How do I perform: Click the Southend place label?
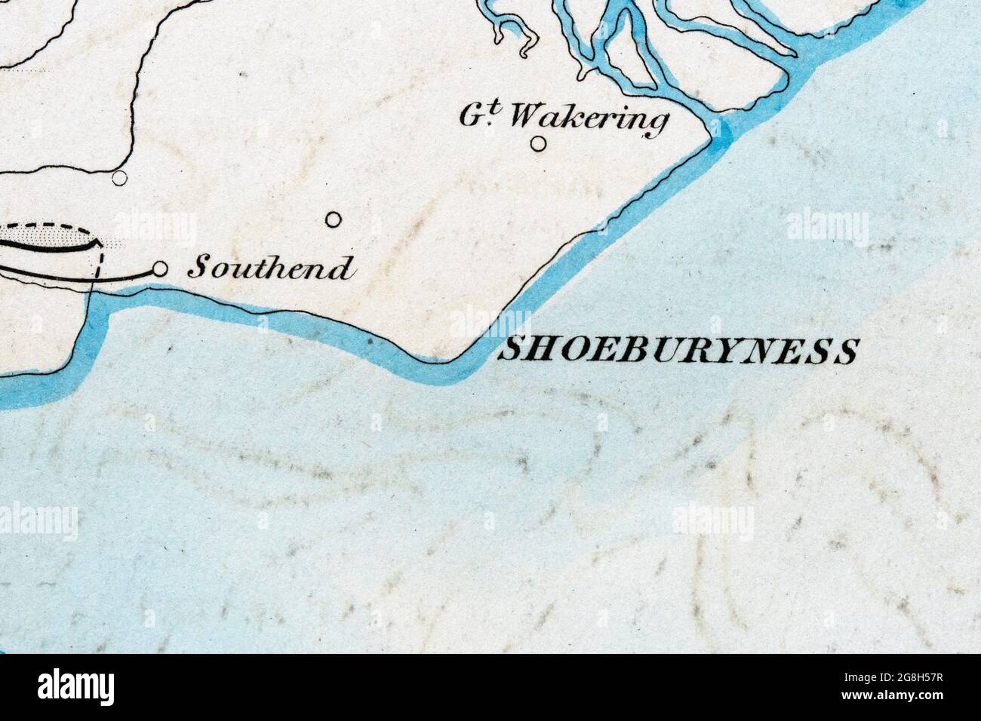(270, 268)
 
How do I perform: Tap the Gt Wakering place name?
(564, 116)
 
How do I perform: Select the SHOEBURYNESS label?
(678, 351)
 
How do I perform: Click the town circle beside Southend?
(160, 268)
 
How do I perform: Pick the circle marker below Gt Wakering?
(538, 143)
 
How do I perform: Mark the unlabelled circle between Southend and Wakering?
(333, 220)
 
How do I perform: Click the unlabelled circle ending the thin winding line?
(119, 178)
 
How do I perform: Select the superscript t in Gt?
(498, 108)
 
